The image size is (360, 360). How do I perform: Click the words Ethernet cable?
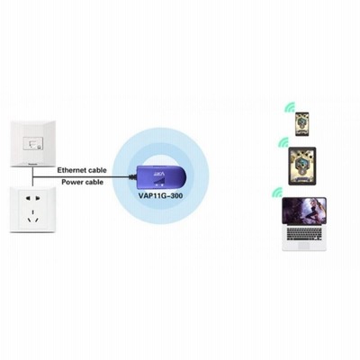tap(82, 170)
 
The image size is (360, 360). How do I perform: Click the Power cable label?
tap(83, 182)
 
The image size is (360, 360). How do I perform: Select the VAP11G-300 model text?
tap(161, 196)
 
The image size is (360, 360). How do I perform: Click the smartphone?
tap(301, 124)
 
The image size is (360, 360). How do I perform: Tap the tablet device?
tap(302, 166)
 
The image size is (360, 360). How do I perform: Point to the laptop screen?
tap(304, 211)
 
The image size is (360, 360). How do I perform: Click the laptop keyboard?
tap(304, 234)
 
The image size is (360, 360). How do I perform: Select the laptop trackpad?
tap(304, 246)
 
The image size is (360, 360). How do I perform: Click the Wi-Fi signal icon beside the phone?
tap(291, 108)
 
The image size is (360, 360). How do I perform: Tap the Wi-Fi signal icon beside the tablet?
tap(283, 143)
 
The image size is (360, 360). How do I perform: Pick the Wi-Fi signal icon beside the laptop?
tap(277, 193)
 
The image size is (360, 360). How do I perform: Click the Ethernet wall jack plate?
tap(32, 143)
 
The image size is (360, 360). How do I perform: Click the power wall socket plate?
tap(32, 210)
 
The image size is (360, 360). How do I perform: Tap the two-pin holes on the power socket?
tap(32, 198)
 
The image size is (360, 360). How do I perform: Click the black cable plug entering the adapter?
tap(132, 176)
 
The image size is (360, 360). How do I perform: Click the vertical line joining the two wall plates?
tap(32, 177)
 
